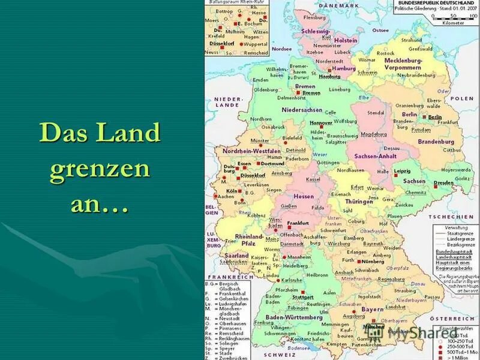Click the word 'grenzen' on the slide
(100, 170)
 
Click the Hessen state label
(303, 196)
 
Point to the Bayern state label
(371, 309)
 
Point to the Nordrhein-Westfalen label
(249, 151)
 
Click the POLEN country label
(462, 98)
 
